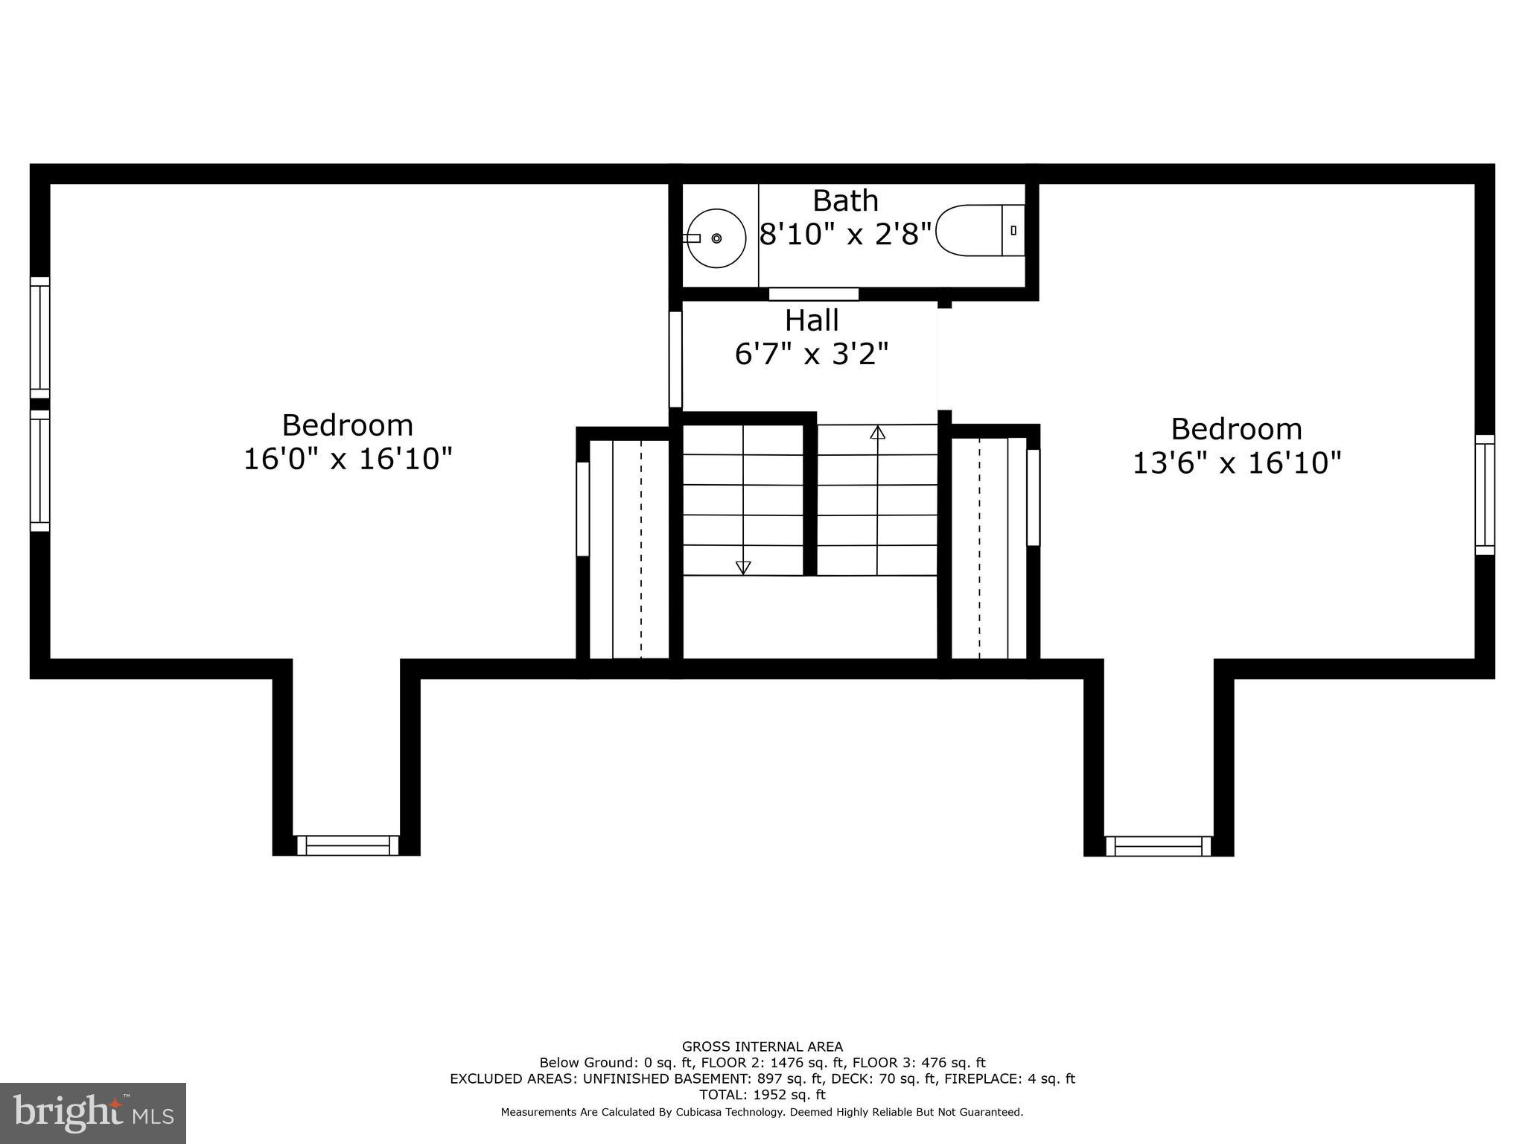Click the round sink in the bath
tap(716, 238)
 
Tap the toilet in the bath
tap(980, 231)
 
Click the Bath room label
tap(845, 200)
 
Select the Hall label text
tap(812, 320)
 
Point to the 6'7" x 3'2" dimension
tap(812, 354)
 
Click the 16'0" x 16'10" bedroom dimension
tap(348, 459)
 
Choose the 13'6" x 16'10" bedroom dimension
tap(1237, 463)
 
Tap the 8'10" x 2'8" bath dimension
tap(846, 234)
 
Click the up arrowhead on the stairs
tap(878, 432)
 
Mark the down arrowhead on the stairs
tap(743, 568)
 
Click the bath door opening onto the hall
tap(814, 294)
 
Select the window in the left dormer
tap(348, 845)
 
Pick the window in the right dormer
tap(1158, 846)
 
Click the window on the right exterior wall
tap(1485, 495)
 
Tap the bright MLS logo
tap(93, 1113)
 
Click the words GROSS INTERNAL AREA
tap(762, 1046)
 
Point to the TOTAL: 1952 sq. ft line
tap(762, 1095)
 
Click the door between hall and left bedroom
tap(675, 359)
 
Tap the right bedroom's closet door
tap(1033, 498)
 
